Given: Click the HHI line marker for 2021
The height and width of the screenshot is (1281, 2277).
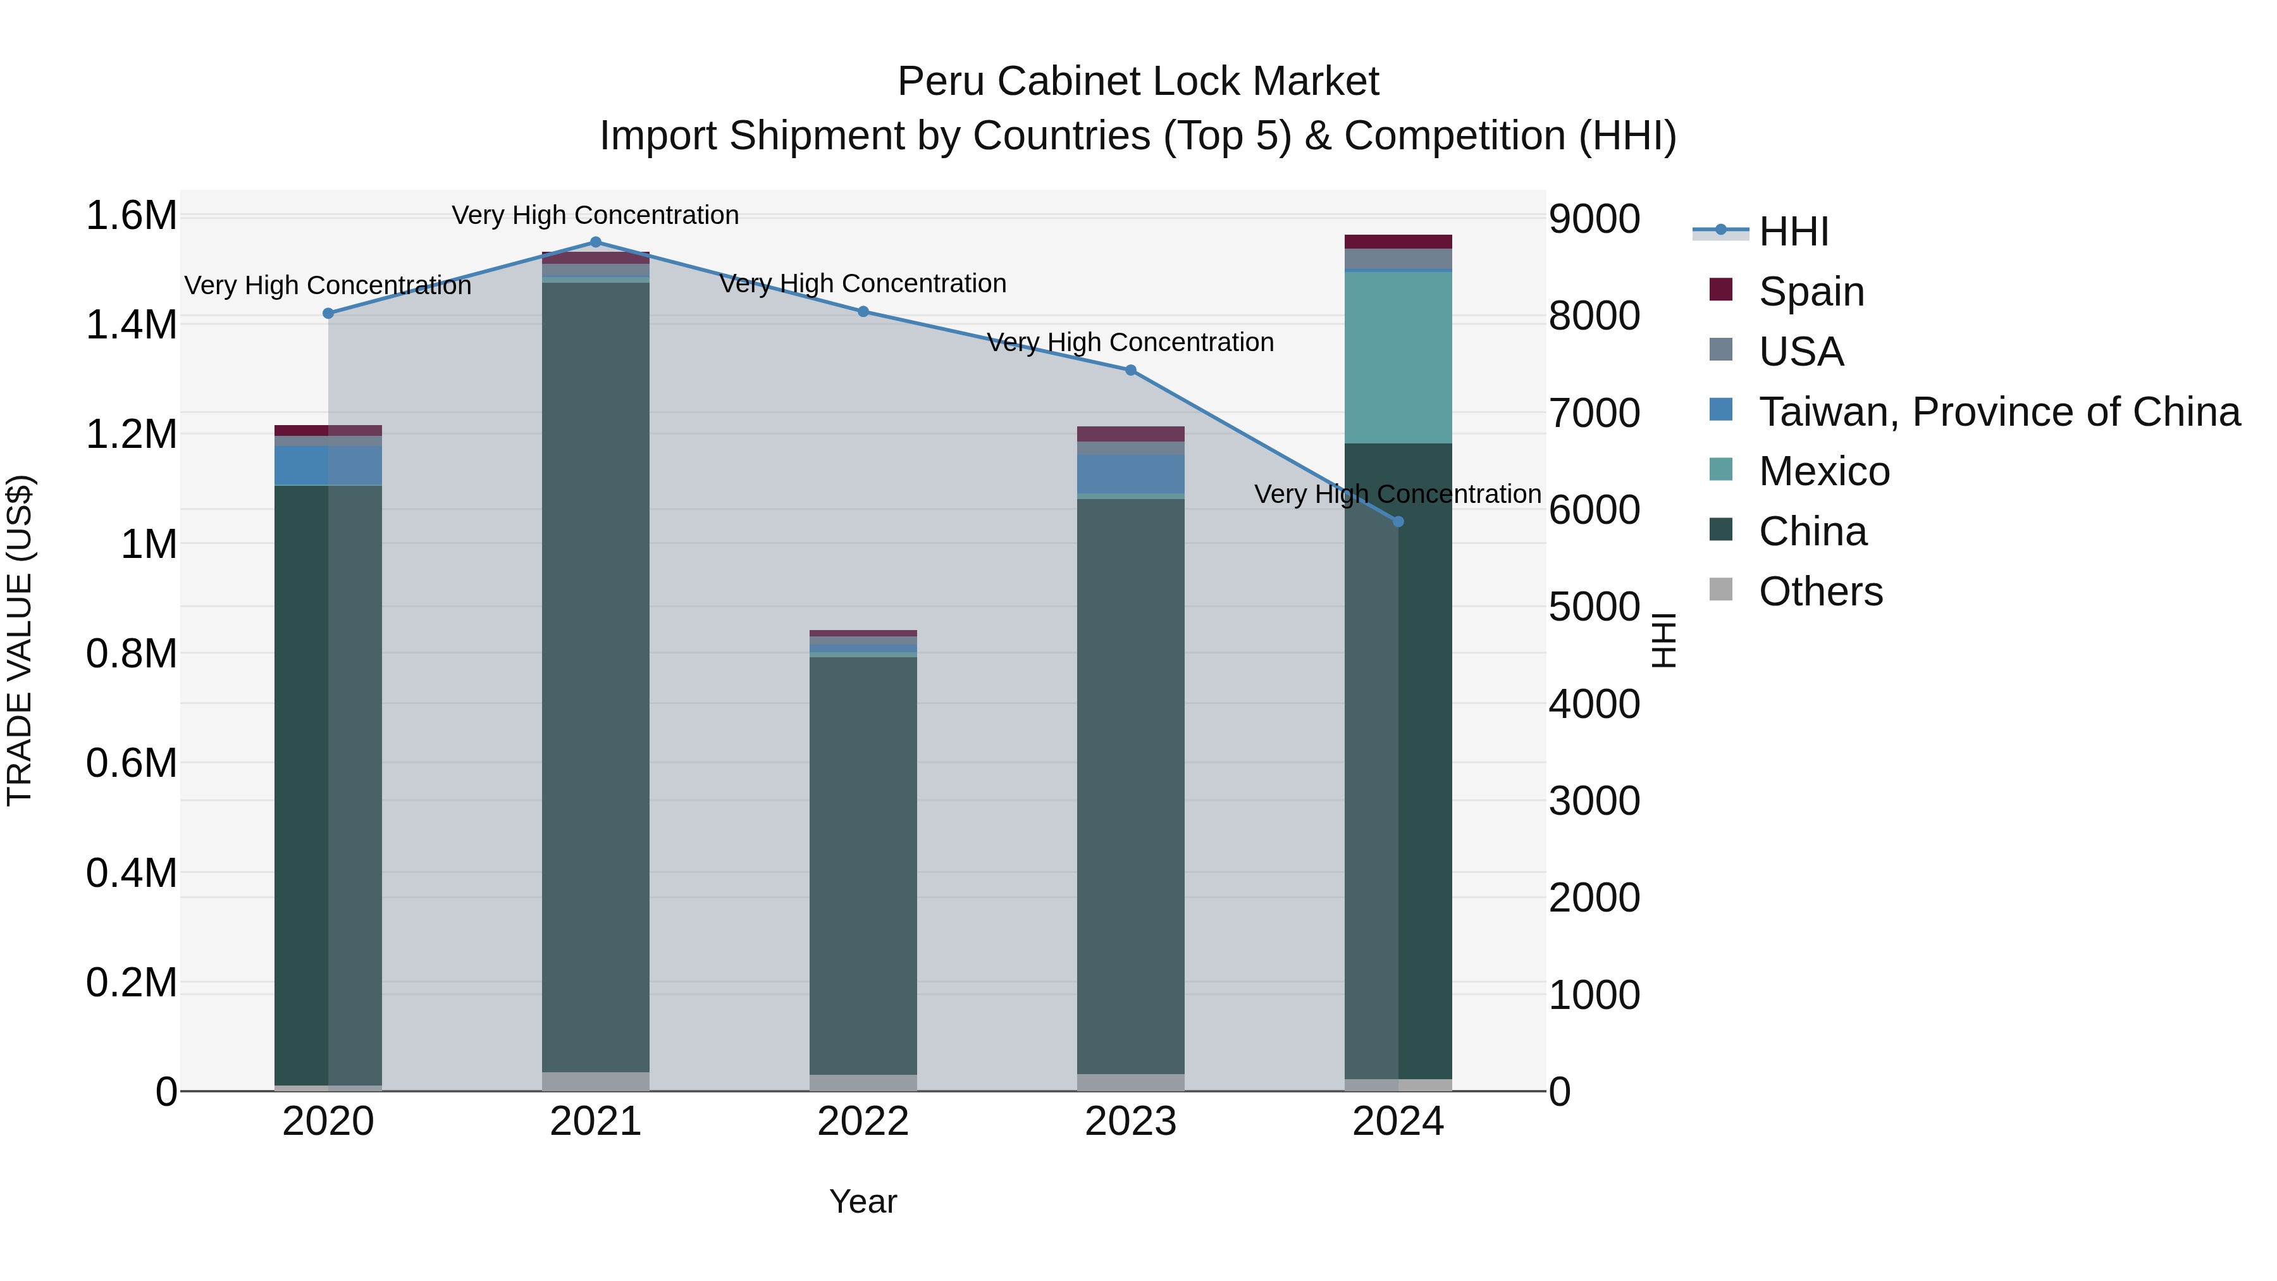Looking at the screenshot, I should point(596,242).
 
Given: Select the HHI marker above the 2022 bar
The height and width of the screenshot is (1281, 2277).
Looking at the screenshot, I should point(863,311).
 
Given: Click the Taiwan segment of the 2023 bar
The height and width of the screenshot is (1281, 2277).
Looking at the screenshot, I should point(1130,474).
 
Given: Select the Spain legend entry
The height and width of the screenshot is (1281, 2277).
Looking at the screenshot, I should point(1811,292).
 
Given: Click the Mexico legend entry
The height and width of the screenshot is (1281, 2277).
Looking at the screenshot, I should point(1823,471).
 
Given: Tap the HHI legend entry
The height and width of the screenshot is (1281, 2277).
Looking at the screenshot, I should point(1794,232).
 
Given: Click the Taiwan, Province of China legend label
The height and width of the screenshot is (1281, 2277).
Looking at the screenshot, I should point(1999,412).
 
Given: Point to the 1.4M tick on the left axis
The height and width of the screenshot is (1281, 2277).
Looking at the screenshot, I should point(131,325).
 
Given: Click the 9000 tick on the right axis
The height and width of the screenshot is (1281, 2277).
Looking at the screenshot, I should point(1595,220).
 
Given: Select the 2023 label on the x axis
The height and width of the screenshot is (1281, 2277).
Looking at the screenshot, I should point(1130,1122).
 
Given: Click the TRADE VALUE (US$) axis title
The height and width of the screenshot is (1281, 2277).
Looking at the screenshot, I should point(20,640).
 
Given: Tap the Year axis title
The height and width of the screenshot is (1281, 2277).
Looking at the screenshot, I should point(863,1201).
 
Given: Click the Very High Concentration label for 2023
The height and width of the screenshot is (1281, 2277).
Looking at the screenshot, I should point(1130,342).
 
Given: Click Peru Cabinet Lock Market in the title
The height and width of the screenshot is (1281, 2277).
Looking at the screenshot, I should point(1138,82).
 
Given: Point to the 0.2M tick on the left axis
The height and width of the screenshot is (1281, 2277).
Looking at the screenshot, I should point(131,982).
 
